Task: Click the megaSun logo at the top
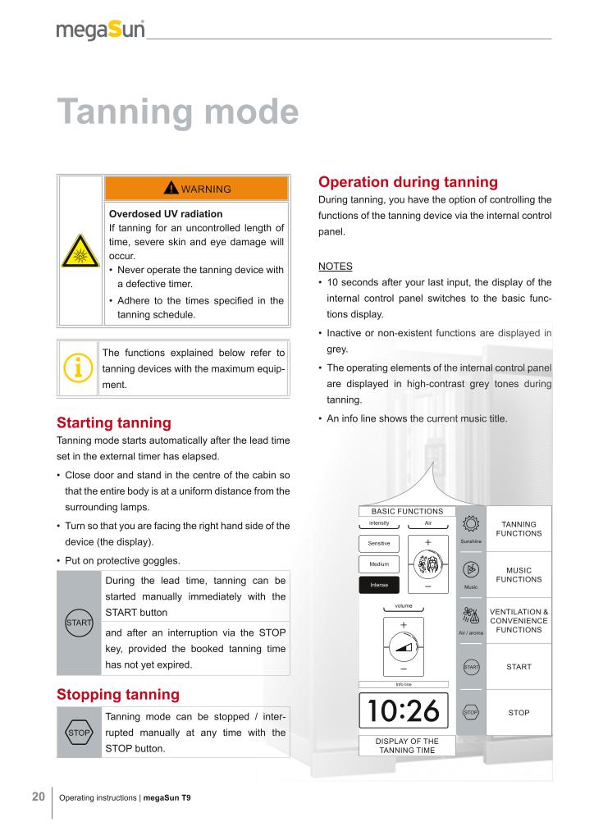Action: coord(100,31)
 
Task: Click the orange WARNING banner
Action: coord(196,189)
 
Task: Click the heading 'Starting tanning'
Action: coord(113,423)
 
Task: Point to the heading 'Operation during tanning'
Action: coord(407,182)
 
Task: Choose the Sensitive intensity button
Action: coord(379,544)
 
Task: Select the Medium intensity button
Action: coord(379,564)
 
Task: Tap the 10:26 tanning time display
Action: coord(403,710)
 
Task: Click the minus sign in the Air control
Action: coord(428,587)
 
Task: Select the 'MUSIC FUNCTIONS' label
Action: coord(519,573)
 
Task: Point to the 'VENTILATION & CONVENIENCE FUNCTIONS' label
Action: coord(519,620)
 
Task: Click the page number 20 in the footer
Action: coord(39,796)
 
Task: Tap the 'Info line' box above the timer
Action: coord(403,684)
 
